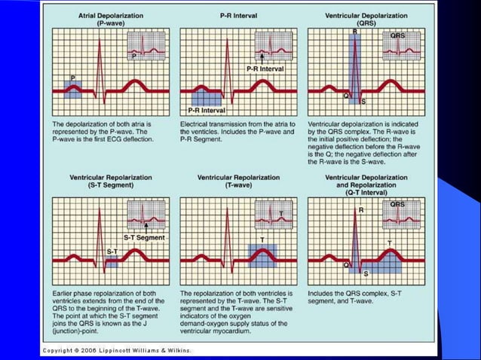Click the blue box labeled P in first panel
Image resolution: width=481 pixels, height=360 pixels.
tap(73, 89)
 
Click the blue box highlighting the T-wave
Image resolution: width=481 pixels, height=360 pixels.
tap(262, 256)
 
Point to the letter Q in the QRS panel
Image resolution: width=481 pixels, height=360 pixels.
tap(346, 96)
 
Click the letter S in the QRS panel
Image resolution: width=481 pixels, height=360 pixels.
tap(363, 101)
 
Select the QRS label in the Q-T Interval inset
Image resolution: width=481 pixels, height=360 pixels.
tap(397, 204)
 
